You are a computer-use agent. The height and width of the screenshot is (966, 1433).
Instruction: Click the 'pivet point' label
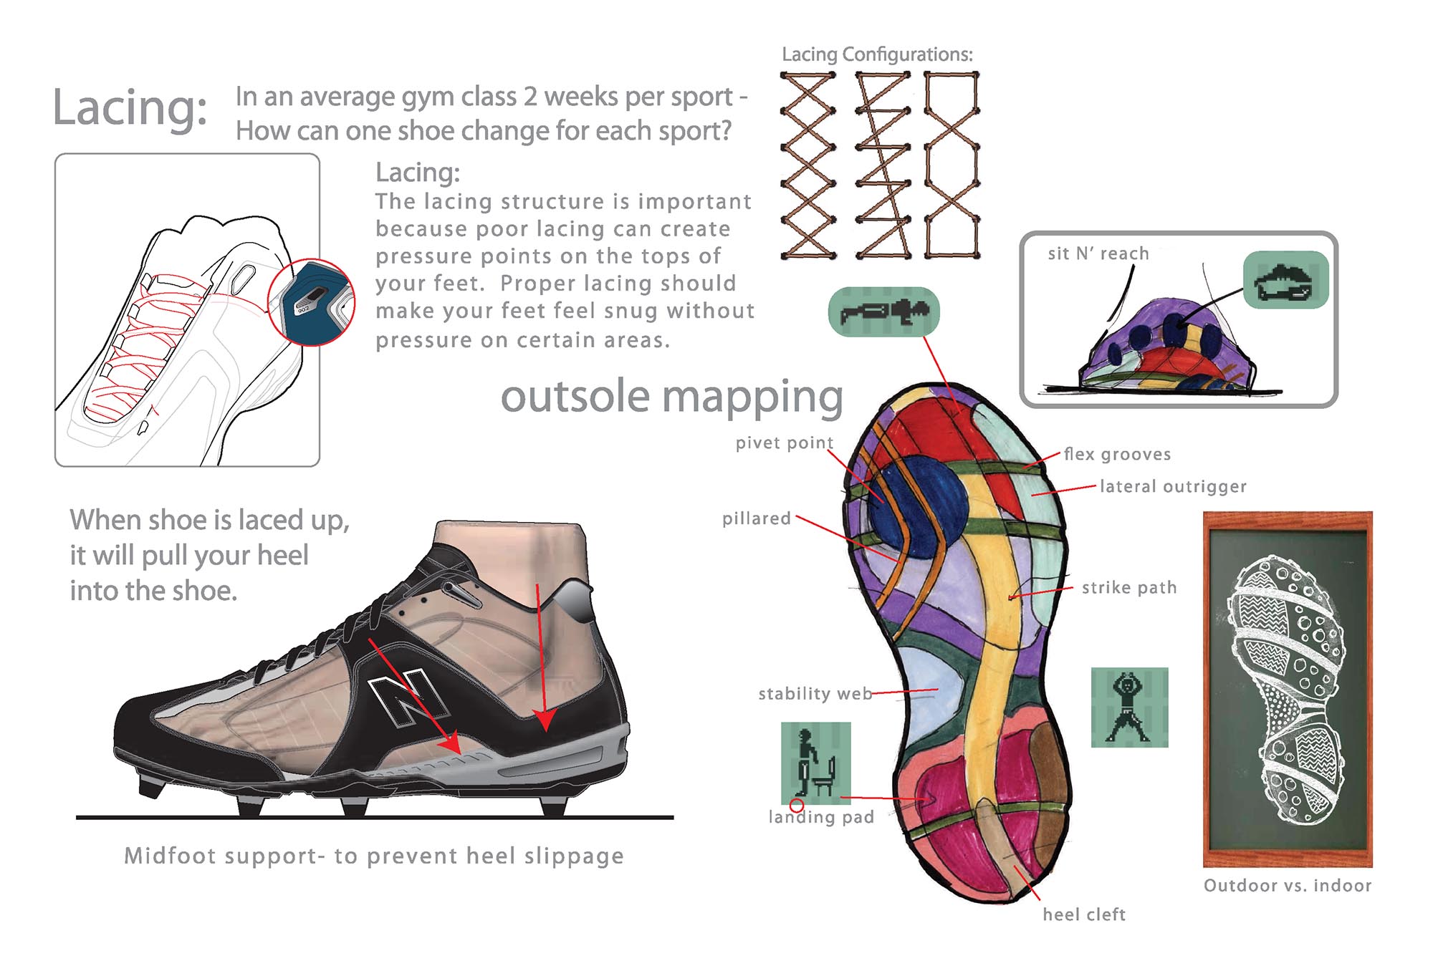pyautogui.click(x=784, y=443)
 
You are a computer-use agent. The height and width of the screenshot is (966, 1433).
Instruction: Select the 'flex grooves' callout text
pyautogui.click(x=1117, y=454)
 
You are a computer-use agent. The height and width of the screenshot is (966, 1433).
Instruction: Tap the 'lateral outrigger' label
pyautogui.click(x=1173, y=487)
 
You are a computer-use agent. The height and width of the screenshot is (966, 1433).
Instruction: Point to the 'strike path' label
pyautogui.click(x=1129, y=588)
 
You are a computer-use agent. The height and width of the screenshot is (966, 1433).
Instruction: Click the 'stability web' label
pyautogui.click(x=815, y=693)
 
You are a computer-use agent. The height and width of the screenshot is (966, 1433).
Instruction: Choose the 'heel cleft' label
pyautogui.click(x=1084, y=914)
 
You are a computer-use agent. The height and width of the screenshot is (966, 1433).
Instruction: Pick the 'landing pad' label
pyautogui.click(x=821, y=817)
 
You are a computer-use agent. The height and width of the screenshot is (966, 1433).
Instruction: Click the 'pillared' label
pyautogui.click(x=756, y=518)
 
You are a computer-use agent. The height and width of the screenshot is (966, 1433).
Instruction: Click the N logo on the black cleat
pyautogui.click(x=406, y=697)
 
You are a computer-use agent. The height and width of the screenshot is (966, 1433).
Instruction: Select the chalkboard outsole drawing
pyautogui.click(x=1288, y=689)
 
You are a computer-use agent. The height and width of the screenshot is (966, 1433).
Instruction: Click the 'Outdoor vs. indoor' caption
pyautogui.click(x=1288, y=886)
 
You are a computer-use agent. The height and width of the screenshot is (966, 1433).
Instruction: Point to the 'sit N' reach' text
pyautogui.click(x=1098, y=253)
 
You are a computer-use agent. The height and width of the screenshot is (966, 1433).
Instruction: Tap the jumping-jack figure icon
pyautogui.click(x=1129, y=707)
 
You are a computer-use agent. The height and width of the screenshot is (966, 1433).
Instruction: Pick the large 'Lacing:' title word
pyautogui.click(x=130, y=109)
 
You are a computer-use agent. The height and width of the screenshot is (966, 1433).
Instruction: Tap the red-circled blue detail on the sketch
pyautogui.click(x=312, y=302)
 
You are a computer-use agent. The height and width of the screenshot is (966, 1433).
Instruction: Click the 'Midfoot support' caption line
pyautogui.click(x=373, y=856)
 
